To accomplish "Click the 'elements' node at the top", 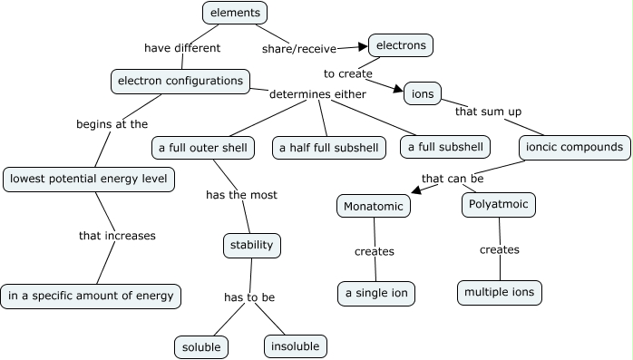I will [235, 13].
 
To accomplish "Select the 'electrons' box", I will [400, 44].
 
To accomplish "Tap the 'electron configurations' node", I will [180, 81].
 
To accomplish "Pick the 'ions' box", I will [423, 93].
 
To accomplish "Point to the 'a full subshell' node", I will [445, 147].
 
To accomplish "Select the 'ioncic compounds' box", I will [574, 146].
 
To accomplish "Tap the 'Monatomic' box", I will [374, 206].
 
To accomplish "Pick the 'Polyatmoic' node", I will [499, 205].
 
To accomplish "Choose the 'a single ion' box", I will [376, 293].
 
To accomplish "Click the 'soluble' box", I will [201, 346].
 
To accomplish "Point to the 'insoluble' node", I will [295, 345].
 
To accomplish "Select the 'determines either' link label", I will [318, 93].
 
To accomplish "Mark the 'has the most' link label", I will [241, 194].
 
